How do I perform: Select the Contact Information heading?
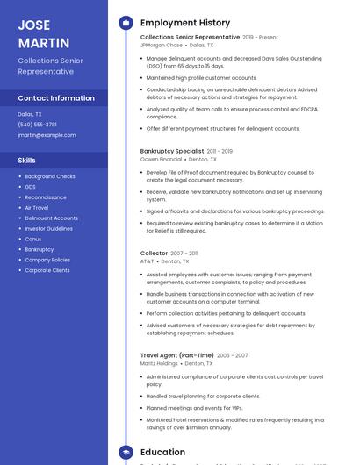point(56,98)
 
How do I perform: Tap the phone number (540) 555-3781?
point(37,125)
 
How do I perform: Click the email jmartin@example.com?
point(47,135)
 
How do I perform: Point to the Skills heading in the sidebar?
point(27,161)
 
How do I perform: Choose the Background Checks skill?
point(50,176)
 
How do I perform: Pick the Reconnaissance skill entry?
point(46,197)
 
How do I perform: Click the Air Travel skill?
point(37,208)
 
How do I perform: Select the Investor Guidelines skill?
point(48,228)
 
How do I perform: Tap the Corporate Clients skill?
point(47,270)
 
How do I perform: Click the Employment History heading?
point(185,23)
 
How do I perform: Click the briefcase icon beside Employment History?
point(126,23)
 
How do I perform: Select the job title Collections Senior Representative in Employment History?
point(190,38)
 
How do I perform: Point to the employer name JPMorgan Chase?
point(162,45)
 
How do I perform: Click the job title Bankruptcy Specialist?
point(172,152)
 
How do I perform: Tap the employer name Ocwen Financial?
point(162,159)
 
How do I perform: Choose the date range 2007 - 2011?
point(184,254)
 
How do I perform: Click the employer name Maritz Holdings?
point(159,363)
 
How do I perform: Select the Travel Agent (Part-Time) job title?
point(176,356)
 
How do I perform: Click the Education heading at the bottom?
point(162,453)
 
